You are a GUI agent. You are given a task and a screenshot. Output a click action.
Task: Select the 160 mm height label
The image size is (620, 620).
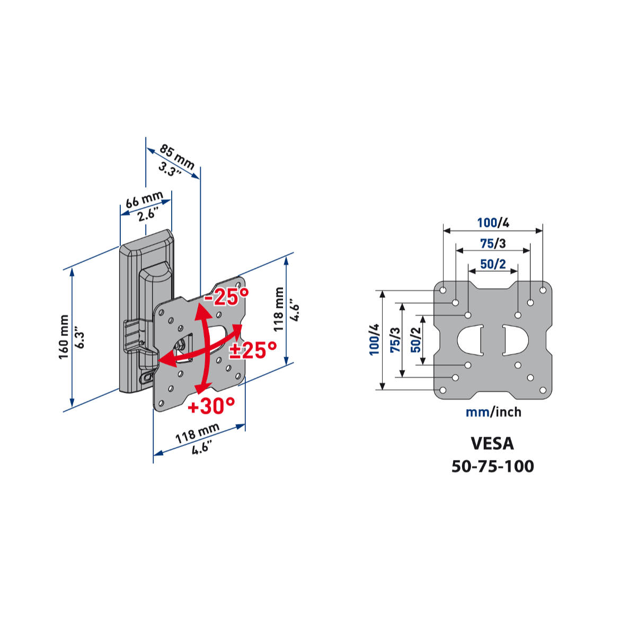pyautogui.click(x=64, y=337)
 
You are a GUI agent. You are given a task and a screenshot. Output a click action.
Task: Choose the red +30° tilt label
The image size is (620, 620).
pyautogui.click(x=211, y=406)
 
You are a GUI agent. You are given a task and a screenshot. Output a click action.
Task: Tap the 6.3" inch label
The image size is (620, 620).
pyautogui.click(x=80, y=338)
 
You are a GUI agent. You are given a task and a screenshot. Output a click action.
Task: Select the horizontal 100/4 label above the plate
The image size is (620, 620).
pyautogui.click(x=493, y=223)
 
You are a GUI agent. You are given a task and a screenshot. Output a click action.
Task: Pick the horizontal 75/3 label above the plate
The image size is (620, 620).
pyautogui.click(x=493, y=243)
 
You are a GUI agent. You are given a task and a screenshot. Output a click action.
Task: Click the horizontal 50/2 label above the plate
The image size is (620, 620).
pyautogui.click(x=493, y=263)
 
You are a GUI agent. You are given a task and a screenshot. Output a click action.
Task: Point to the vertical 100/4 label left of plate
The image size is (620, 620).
pyautogui.click(x=375, y=340)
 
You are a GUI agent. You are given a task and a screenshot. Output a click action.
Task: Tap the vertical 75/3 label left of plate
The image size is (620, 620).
pyautogui.click(x=395, y=340)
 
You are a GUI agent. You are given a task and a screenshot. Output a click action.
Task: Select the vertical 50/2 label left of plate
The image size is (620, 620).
pyautogui.click(x=416, y=340)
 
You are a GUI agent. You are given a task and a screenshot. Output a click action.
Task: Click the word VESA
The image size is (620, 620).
pyautogui.click(x=492, y=443)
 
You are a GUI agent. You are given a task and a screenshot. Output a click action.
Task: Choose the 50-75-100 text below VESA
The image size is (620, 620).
pyautogui.click(x=493, y=466)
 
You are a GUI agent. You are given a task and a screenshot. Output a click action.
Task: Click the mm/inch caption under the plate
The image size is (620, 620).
pyautogui.click(x=493, y=412)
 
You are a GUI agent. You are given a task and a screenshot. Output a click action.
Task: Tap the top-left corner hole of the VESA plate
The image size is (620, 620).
pyautogui.click(x=442, y=290)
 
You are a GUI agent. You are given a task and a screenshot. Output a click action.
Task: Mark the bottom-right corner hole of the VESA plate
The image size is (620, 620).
pyautogui.click(x=543, y=390)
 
